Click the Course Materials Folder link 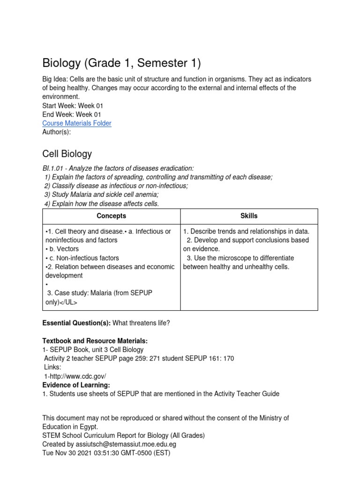coord(77,123)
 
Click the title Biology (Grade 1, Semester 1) coord(122,62)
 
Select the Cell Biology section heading coord(67,154)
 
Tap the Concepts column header coord(111,216)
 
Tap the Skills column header coord(249,216)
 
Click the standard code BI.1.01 coord(53,168)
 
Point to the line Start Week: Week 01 coord(73,106)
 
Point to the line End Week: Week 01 coord(72,114)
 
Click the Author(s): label coord(57,132)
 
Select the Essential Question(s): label coord(76,323)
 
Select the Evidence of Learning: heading coord(76,385)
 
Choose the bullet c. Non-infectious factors coord(82,258)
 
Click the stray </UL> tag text coord(68,302)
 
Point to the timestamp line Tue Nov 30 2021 coord(106,453)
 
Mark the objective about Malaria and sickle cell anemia coord(101,195)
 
